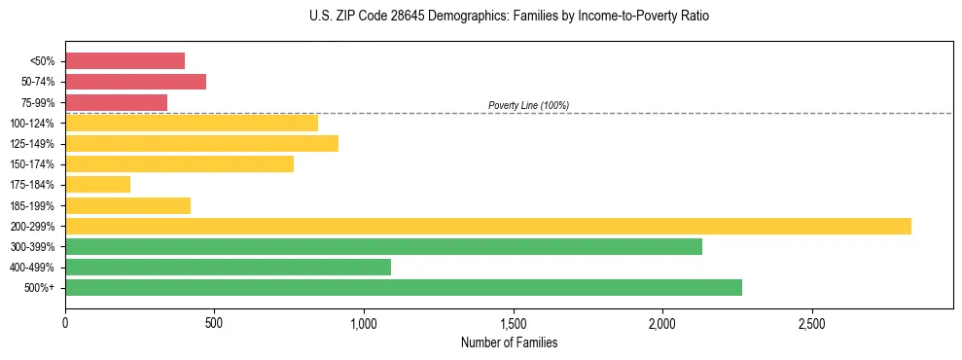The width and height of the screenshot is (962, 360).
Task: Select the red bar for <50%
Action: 125,61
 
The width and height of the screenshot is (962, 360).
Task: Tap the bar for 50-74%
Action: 135,82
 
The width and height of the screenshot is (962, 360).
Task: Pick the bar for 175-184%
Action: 97,185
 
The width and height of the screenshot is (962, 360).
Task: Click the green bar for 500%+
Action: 404,287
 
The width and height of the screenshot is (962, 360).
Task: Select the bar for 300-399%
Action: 383,246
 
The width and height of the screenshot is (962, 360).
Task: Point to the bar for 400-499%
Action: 228,267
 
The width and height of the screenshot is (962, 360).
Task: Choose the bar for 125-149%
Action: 201,144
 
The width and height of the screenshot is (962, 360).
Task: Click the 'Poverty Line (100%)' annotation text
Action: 528,105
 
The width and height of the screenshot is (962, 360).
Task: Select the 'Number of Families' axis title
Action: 509,342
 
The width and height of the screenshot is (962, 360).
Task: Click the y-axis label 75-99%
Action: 37,103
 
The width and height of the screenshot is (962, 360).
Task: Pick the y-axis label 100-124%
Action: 34,124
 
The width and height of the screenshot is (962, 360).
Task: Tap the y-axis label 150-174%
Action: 34,164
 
